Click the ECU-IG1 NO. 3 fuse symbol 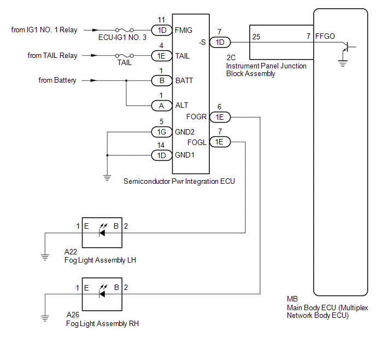coord(125,30)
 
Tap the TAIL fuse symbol coord(125,56)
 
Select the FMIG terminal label coord(184,30)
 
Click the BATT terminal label coord(184,80)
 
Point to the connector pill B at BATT coord(162,80)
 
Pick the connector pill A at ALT coord(162,106)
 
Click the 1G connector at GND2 coord(162,132)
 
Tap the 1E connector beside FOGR coord(220,117)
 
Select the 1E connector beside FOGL coord(220,142)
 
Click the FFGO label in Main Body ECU coord(325,36)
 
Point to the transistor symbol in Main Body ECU coord(346,47)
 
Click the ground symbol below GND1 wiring coord(107,178)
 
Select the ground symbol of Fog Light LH coord(45,257)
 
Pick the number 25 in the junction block coord(256,37)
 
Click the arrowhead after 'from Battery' coord(94,80)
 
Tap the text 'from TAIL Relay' coord(52,55)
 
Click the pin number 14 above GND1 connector coord(161,145)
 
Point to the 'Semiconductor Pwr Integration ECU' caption coord(179,182)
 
